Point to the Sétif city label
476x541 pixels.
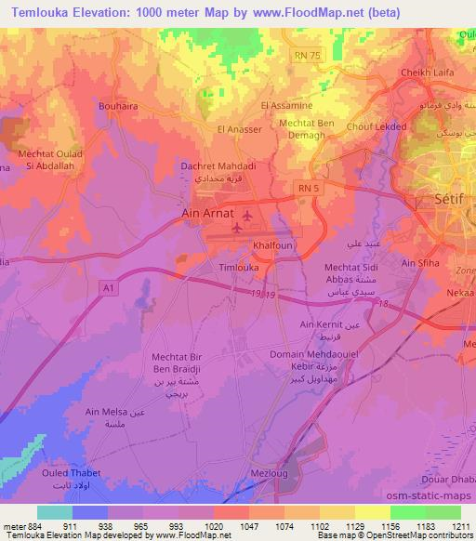pos(449,198)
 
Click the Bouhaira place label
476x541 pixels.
pos(118,106)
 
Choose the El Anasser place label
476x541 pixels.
pos(239,129)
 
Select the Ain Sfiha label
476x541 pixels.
pos(419,263)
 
